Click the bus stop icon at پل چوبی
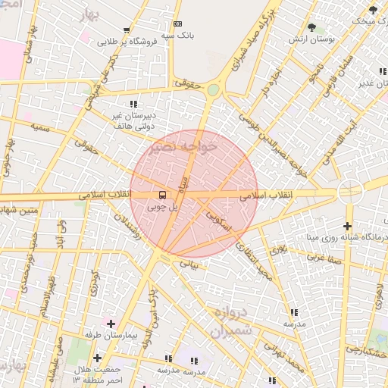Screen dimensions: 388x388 [x=164, y=195]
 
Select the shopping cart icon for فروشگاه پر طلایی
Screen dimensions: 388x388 [x=127, y=32]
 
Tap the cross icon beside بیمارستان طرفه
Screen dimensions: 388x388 [x=111, y=324]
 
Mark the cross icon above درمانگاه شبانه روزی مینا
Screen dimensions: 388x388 [x=347, y=226]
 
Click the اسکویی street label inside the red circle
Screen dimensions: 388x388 [x=218, y=221]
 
